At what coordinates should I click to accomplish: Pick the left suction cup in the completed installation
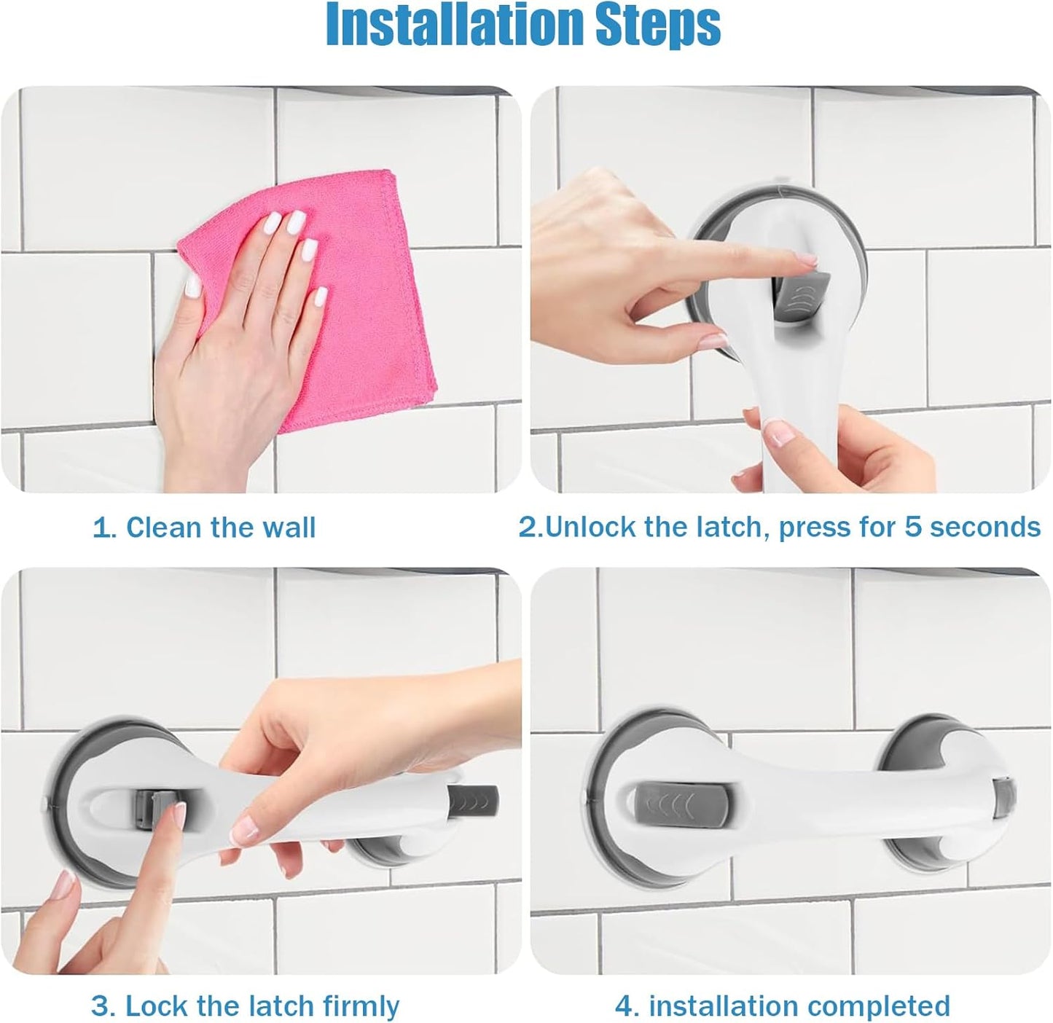[x=619, y=801]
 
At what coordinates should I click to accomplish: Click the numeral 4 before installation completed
[x=625, y=1006]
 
